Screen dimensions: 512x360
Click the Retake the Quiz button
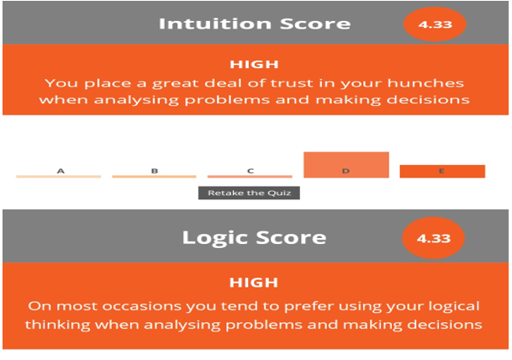tap(249, 193)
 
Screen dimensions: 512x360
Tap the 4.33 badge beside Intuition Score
tap(435, 24)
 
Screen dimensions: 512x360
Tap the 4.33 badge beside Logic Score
tap(433, 238)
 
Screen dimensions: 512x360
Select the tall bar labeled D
tap(346, 165)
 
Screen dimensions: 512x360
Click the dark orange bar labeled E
tap(442, 172)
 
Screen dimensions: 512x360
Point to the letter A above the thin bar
tap(61, 171)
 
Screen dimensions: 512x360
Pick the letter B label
tap(155, 171)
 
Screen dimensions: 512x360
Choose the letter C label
tap(251, 171)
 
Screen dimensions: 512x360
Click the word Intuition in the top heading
tap(215, 24)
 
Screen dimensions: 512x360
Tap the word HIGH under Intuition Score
tap(254, 64)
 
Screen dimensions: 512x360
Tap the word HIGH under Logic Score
tap(254, 283)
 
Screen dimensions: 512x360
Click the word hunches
tap(425, 83)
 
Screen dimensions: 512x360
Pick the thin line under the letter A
tap(59, 177)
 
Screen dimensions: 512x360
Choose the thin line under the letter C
tap(250, 177)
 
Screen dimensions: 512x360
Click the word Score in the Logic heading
tap(291, 237)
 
